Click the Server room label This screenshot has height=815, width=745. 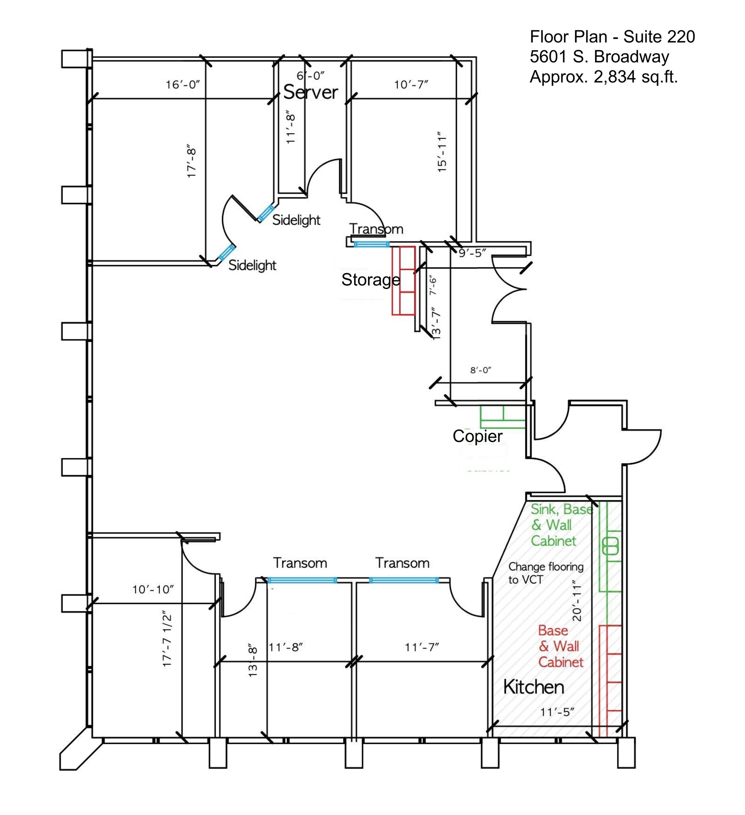pyautogui.click(x=310, y=92)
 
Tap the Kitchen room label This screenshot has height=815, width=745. pyautogui.click(x=533, y=687)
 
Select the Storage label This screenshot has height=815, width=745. pyautogui.click(x=370, y=280)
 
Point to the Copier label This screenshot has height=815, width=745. pyautogui.click(x=478, y=436)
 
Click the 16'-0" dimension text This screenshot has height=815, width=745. pyautogui.click(x=183, y=85)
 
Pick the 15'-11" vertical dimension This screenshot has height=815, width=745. pyautogui.click(x=442, y=152)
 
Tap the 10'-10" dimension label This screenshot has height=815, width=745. pyautogui.click(x=153, y=589)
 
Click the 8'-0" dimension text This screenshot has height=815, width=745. pyautogui.click(x=481, y=370)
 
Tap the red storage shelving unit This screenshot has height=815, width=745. pyautogui.click(x=404, y=281)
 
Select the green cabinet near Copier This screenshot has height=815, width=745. pyautogui.click(x=503, y=417)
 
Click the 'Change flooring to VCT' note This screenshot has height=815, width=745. pyautogui.click(x=546, y=573)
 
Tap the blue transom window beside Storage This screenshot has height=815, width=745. pyautogui.click(x=371, y=244)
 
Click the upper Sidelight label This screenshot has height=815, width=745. pyautogui.click(x=296, y=220)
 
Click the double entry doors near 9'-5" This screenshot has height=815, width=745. pyautogui.click(x=509, y=289)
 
